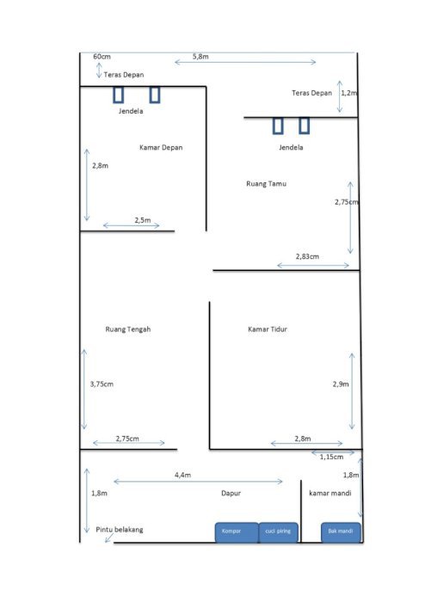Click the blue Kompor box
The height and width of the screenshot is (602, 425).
click(237, 532)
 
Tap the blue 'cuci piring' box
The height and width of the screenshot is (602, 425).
click(279, 532)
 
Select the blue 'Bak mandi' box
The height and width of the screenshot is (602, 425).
click(341, 532)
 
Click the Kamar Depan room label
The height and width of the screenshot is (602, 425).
click(161, 147)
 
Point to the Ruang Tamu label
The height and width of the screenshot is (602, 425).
click(267, 184)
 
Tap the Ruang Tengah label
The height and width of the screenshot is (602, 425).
click(128, 329)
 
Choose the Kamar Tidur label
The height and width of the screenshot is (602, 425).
click(268, 329)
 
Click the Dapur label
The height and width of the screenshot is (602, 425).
click(231, 494)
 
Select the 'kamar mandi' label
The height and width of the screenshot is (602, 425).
click(330, 494)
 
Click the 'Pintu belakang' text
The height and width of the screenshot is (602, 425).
click(120, 530)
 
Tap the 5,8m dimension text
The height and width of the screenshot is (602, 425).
click(200, 57)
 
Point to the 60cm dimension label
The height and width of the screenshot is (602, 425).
click(102, 57)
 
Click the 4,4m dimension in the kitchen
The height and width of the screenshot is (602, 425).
click(182, 475)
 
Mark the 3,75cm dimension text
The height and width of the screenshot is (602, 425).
click(102, 384)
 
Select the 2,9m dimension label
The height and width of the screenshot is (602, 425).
click(341, 384)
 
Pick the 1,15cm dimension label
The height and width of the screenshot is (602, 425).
click(332, 457)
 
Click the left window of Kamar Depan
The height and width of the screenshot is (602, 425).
click(118, 95)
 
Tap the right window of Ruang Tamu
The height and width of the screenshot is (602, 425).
click(304, 126)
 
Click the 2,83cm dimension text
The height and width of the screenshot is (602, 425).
click(307, 256)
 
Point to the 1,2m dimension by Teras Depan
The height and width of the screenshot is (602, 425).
click(349, 93)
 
